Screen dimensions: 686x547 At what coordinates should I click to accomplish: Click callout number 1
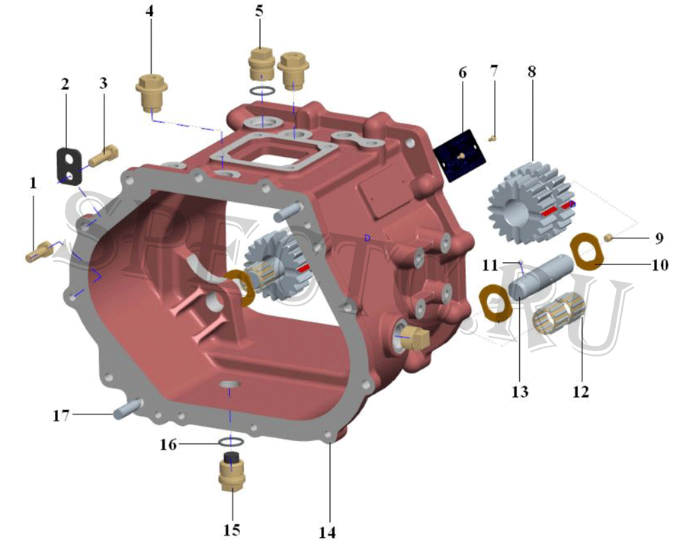(x=34, y=183)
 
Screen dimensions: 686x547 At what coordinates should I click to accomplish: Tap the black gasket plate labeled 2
(x=70, y=165)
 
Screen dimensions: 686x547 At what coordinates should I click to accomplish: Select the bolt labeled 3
(x=103, y=156)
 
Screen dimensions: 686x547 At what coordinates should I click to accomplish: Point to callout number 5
(x=260, y=11)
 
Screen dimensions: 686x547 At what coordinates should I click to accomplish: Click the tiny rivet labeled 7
(x=492, y=139)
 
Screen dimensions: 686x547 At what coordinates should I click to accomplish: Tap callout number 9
(x=660, y=238)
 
